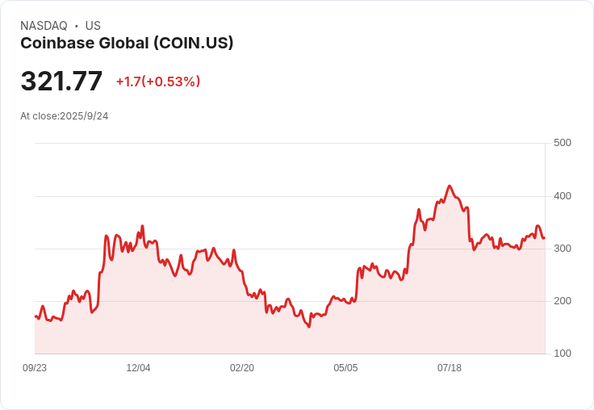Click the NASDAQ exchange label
point(44,26)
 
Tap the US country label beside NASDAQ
point(93,26)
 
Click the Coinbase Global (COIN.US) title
point(127,44)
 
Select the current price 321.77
point(61,82)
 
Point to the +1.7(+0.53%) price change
point(158,82)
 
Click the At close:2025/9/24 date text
point(65,116)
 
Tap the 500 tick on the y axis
point(563,143)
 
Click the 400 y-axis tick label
point(563,196)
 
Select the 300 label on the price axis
point(563,249)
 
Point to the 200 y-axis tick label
point(563,301)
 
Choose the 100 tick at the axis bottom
point(563,354)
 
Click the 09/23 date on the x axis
point(35,368)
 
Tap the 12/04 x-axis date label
point(138,368)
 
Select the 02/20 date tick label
point(242,368)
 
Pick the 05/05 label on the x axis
point(345,368)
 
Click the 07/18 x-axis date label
point(450,368)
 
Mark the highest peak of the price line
point(450,186)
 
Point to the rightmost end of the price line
point(544,238)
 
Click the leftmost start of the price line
point(35,316)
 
